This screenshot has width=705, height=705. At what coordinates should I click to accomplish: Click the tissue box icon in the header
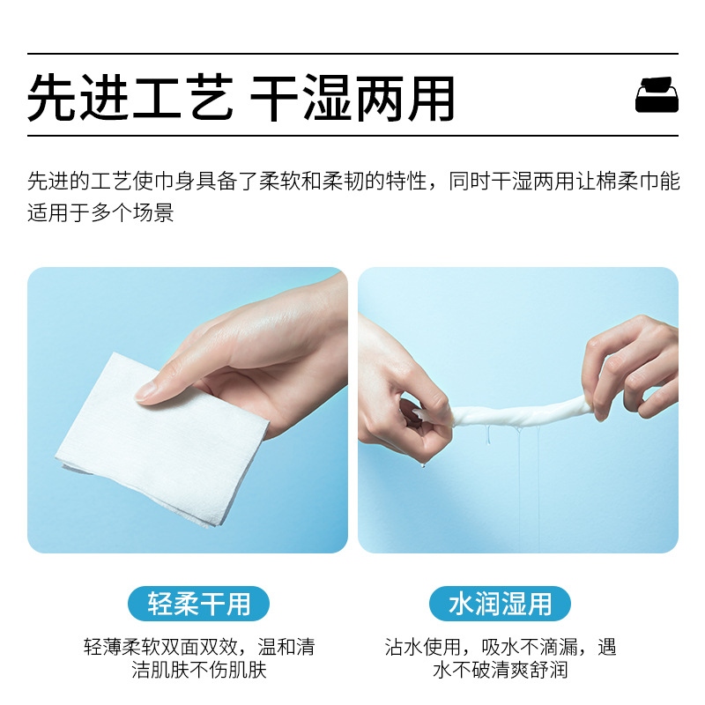tap(657, 94)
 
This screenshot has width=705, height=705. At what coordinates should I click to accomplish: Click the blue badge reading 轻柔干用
tap(199, 604)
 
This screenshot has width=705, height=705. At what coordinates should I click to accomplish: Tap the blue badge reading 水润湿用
tap(500, 604)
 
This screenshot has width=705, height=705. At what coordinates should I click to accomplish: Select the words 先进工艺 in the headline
tap(130, 98)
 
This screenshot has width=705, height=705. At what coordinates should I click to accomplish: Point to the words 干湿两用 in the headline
tap(352, 98)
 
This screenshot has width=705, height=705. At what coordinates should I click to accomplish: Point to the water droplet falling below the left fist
tap(423, 465)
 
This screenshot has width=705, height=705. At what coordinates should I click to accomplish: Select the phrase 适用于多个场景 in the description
tap(100, 212)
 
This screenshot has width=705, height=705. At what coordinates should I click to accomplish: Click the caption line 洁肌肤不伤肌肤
tap(199, 670)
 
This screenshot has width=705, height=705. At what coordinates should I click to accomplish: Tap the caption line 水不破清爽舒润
tap(500, 670)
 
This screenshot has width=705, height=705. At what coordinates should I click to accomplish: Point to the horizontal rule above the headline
tap(352, 54)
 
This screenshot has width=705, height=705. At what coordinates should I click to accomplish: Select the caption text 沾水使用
tap(423, 647)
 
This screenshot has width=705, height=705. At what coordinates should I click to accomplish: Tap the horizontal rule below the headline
tap(352, 135)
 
